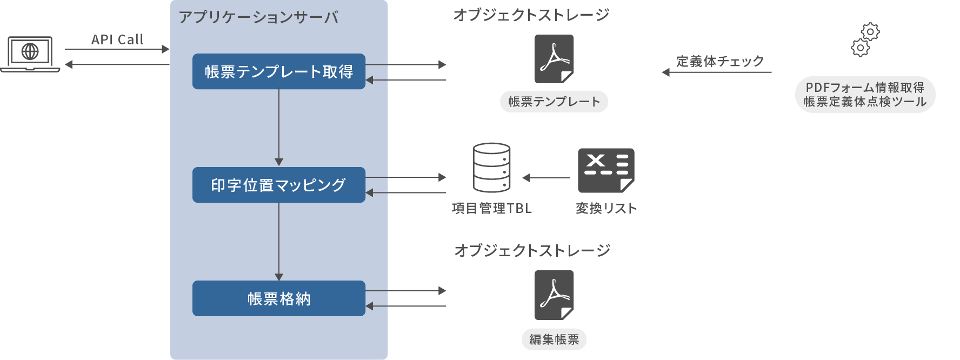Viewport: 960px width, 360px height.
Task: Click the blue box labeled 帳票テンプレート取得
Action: [279, 71]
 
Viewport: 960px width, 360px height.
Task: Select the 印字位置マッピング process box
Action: [279, 185]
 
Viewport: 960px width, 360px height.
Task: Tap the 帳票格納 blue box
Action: [279, 298]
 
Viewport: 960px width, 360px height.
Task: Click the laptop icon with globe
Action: [30, 54]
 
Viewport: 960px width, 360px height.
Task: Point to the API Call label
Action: [117, 39]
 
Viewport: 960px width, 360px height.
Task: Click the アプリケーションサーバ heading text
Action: [258, 17]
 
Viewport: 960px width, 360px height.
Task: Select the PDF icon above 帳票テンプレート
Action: [554, 59]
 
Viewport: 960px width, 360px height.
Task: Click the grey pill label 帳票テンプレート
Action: [554, 102]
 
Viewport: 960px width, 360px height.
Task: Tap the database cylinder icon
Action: [491, 168]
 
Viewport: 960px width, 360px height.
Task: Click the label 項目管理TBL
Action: [492, 208]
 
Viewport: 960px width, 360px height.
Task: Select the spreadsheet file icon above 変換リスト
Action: [606, 170]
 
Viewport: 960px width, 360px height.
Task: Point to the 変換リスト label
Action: [606, 208]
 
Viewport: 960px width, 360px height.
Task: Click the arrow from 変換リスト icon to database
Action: [546, 177]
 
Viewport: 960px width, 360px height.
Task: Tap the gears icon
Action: [865, 39]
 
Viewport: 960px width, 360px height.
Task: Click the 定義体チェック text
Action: [719, 61]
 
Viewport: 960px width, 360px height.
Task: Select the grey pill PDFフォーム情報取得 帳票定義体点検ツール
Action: [865, 95]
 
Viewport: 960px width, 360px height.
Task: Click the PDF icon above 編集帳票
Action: [554, 295]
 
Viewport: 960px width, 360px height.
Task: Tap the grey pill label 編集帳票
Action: [554, 339]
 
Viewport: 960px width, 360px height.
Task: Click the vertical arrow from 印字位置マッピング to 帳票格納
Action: [279, 241]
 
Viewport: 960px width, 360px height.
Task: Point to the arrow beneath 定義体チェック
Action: [717, 72]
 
